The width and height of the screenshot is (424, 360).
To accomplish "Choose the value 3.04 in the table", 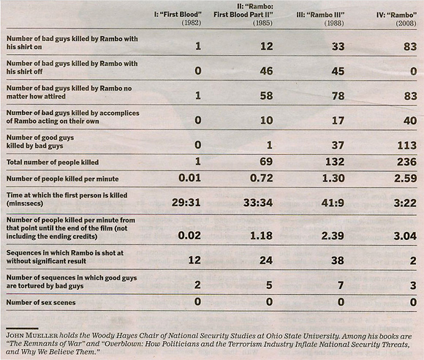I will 395,236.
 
